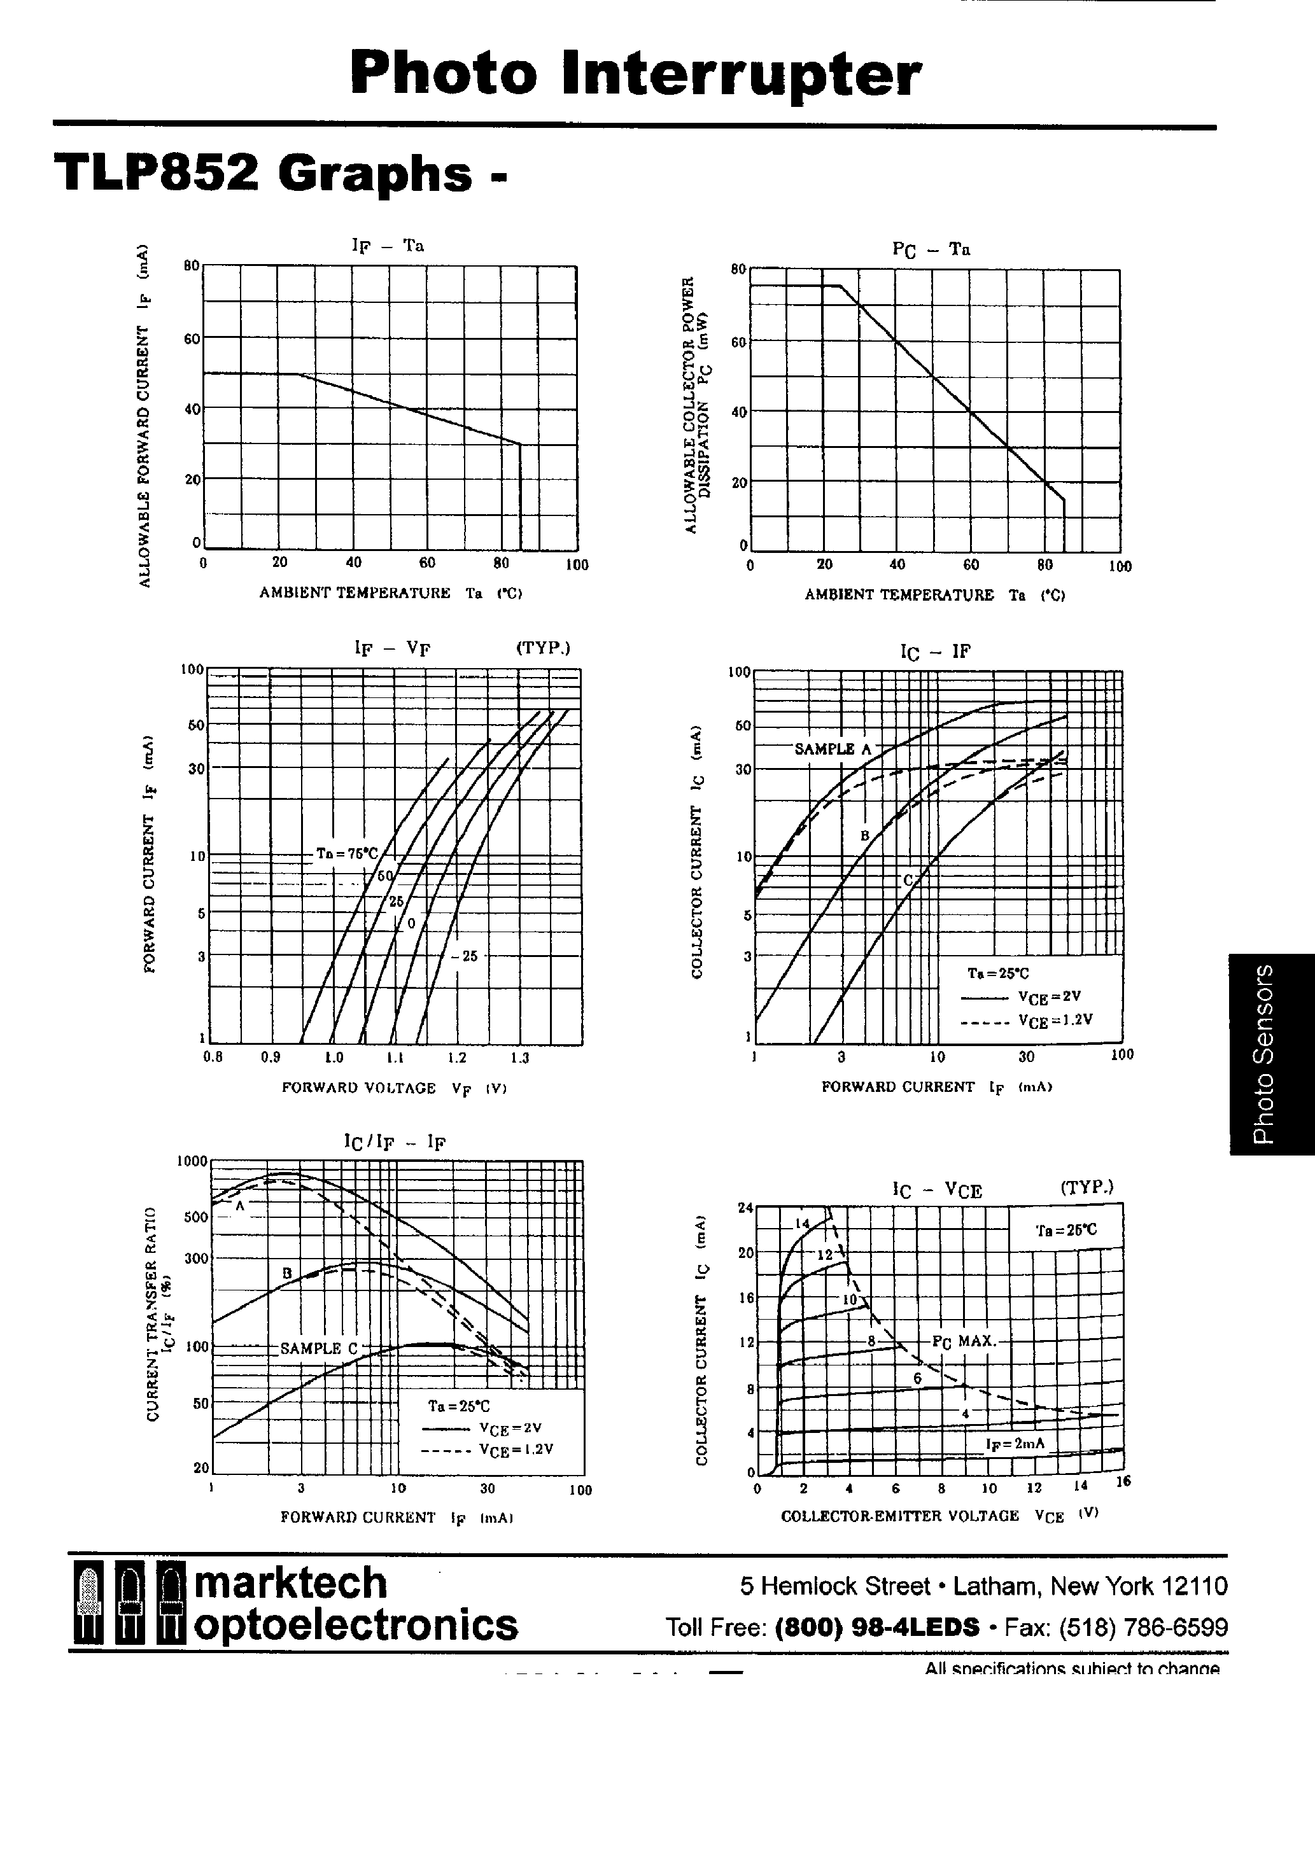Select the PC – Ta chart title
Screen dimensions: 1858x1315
coord(931,249)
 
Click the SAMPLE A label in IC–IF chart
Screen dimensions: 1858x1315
coord(833,750)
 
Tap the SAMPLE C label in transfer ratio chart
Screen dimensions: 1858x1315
coord(318,1348)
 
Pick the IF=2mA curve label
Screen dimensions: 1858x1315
coord(1015,1443)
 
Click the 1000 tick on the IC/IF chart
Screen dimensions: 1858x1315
coord(193,1161)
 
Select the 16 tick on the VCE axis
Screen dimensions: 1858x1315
coord(1122,1481)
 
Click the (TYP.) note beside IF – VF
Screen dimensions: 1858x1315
coord(542,648)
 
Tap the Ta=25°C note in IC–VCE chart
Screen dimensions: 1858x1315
coord(1066,1230)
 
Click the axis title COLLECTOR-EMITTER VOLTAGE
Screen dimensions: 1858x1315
coord(899,1516)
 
